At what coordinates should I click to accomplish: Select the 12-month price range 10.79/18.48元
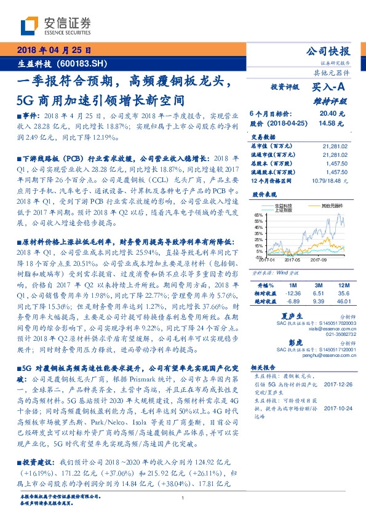(x=328, y=181)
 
